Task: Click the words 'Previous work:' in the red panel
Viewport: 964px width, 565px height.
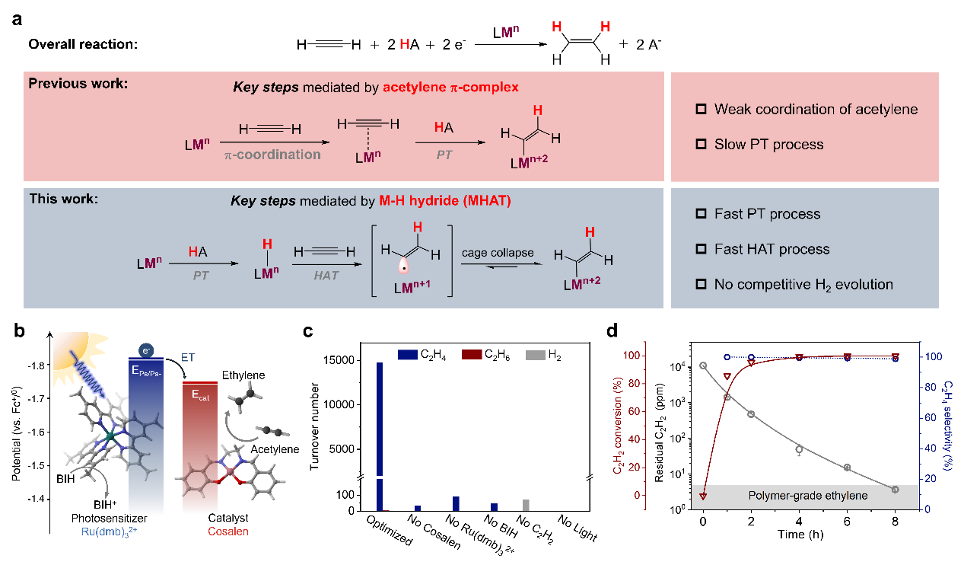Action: [x=78, y=83]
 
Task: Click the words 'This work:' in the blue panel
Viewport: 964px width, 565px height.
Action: [x=64, y=200]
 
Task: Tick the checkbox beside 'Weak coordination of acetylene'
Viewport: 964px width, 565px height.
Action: [x=702, y=110]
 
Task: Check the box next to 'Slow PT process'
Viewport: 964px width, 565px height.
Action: [x=702, y=145]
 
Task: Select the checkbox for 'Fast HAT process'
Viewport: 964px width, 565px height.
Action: [x=702, y=250]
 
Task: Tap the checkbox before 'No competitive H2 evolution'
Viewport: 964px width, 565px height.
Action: [x=702, y=285]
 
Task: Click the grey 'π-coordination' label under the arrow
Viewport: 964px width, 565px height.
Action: [x=272, y=155]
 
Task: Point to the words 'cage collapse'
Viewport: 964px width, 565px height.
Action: [x=497, y=252]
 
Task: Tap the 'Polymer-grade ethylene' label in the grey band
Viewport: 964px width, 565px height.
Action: [x=808, y=496]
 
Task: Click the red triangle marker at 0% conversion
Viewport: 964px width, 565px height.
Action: [x=703, y=496]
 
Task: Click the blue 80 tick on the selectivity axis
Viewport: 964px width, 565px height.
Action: [x=930, y=387]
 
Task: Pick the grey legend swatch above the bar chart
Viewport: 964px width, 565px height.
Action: [x=536, y=355]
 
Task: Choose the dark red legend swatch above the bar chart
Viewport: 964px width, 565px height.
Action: [x=472, y=355]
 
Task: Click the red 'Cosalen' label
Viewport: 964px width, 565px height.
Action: [x=228, y=531]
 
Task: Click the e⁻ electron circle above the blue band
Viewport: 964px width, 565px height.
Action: [x=145, y=351]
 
